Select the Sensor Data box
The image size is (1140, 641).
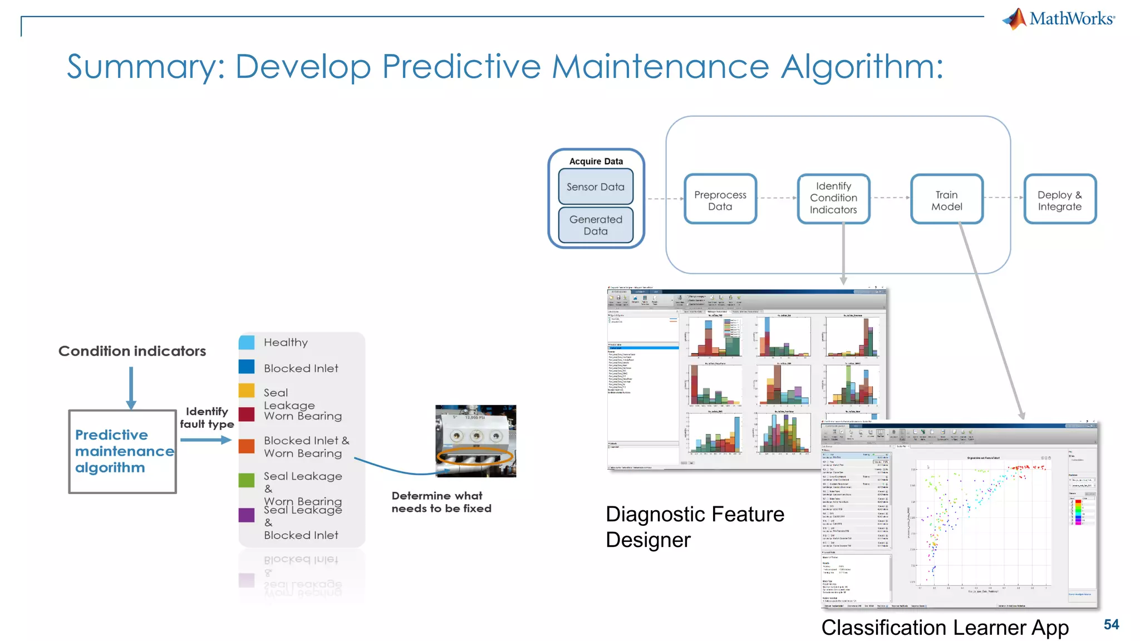click(595, 187)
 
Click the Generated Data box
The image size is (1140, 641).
click(595, 225)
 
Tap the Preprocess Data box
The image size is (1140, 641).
click(720, 200)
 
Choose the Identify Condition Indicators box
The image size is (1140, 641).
click(833, 198)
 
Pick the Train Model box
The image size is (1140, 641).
click(946, 200)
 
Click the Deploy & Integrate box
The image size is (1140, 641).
click(1059, 200)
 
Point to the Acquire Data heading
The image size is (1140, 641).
click(596, 161)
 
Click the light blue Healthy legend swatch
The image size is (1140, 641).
click(247, 342)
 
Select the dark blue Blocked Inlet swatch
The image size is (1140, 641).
click(247, 367)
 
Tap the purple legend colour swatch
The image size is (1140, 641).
click(247, 515)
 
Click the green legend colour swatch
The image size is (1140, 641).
click(247, 480)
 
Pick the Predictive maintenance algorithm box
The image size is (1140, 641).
click(122, 451)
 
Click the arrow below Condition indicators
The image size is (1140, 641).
click(131, 388)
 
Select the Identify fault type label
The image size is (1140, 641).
click(207, 417)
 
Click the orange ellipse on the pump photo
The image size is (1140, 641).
click(475, 457)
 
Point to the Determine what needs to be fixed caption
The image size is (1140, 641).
click(441, 502)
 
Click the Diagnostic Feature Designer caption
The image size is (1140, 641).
click(694, 526)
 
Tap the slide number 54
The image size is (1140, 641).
click(1110, 624)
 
